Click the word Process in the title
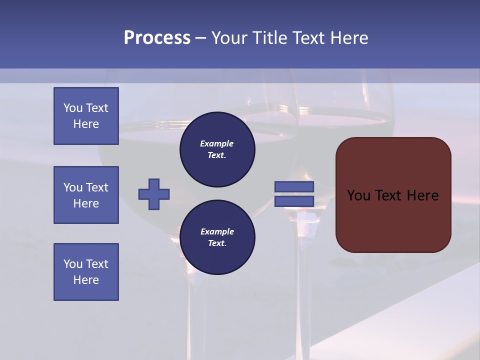point(157,38)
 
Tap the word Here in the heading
point(348,38)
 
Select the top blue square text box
point(86,116)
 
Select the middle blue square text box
point(86,195)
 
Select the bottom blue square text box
point(86,272)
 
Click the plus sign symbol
point(154,194)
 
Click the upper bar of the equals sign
point(294,187)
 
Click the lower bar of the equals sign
point(294,201)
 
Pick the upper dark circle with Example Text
point(217,149)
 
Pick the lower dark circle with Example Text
point(217,237)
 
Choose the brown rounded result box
point(393,195)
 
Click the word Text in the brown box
point(389,195)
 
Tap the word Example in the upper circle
point(217,143)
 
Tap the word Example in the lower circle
point(217,231)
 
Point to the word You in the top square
point(72,108)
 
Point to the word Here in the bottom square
point(86,280)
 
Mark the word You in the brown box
point(358,195)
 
